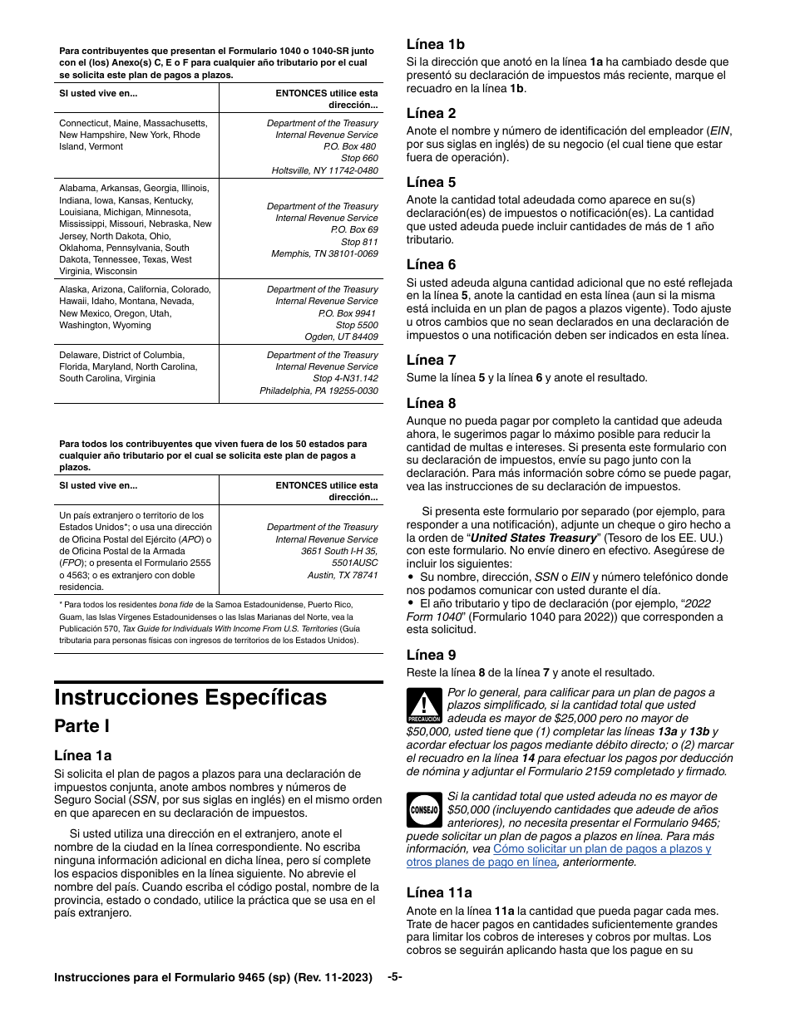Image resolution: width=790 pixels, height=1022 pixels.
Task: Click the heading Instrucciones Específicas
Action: tap(190, 696)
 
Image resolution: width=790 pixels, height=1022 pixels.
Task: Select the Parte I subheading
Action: tap(82, 726)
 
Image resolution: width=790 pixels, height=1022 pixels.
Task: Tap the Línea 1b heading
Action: tap(435, 45)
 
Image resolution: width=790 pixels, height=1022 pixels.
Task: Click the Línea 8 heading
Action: tap(431, 404)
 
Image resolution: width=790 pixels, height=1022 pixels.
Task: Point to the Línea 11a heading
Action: tap(439, 893)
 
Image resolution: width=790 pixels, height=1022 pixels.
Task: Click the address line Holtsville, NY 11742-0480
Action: tap(324, 170)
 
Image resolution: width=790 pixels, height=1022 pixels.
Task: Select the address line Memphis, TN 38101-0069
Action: tap(324, 253)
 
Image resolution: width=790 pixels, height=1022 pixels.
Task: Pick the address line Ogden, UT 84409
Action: tap(343, 337)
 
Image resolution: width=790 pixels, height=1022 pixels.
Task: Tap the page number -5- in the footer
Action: tap(395, 977)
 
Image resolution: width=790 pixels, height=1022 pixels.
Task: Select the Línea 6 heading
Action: tap(431, 265)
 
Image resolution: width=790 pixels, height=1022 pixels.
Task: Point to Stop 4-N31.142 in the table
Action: tap(345, 378)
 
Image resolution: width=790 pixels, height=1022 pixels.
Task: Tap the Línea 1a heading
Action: tap(82, 756)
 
